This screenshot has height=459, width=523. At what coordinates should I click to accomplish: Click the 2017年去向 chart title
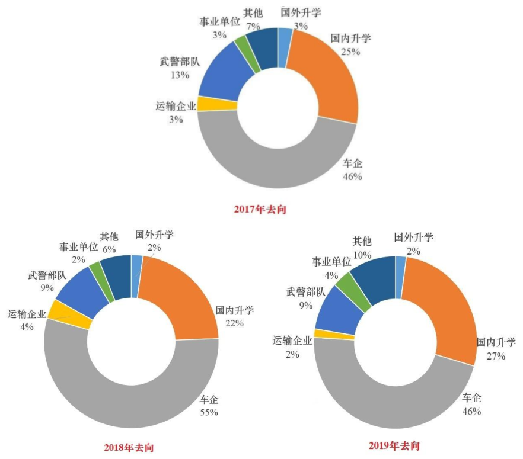coord(260,209)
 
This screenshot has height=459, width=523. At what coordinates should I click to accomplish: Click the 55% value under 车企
coord(209,412)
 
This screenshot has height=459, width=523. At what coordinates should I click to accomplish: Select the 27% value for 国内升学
coord(496,356)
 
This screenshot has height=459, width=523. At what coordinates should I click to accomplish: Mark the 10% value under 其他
coord(362,255)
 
